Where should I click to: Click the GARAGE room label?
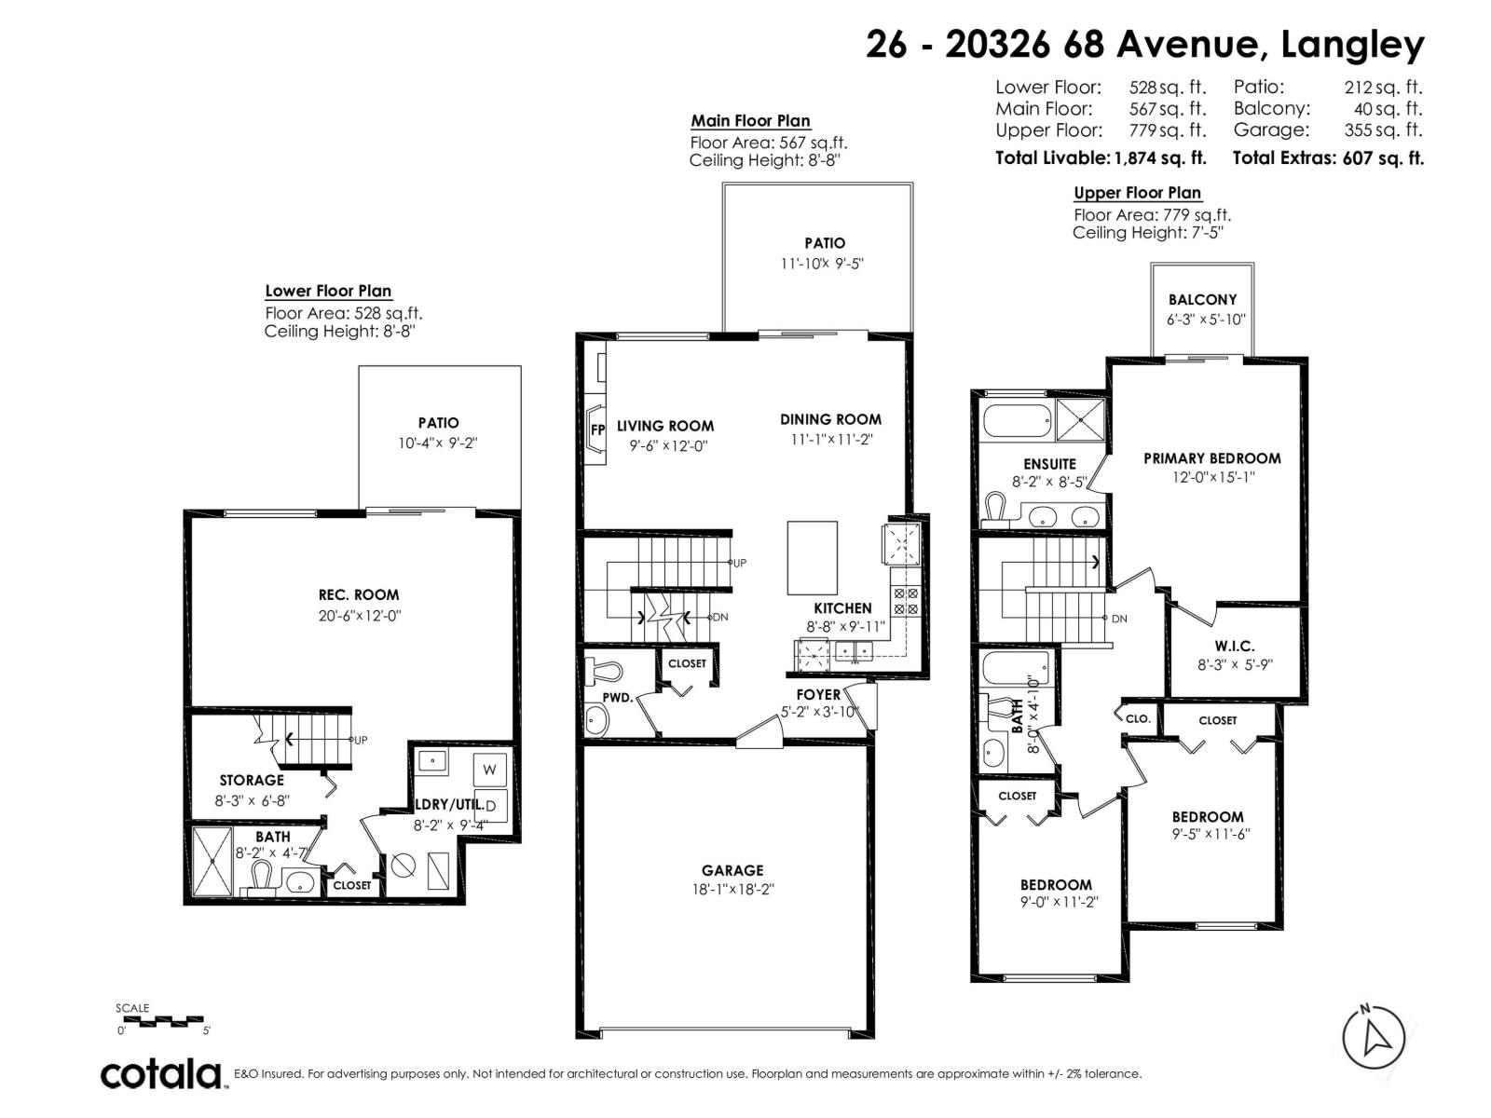tap(732, 869)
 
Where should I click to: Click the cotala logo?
tap(162, 1074)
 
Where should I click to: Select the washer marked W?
tap(489, 770)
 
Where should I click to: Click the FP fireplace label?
tap(597, 429)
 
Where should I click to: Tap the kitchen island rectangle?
tap(812, 557)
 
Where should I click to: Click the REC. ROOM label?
tap(359, 594)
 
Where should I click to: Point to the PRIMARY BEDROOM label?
tap(1211, 458)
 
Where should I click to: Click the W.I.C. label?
tap(1234, 646)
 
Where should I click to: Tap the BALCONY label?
tap(1202, 299)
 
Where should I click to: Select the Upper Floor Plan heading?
tap(1137, 193)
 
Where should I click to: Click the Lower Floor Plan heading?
tap(328, 292)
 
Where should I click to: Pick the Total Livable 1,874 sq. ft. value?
tap(1159, 158)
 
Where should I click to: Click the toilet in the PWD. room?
tap(603, 670)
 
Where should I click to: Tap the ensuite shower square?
tap(1080, 420)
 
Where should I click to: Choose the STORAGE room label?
tap(252, 781)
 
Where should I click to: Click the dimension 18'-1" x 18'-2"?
tap(733, 889)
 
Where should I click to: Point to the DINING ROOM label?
tap(830, 419)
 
